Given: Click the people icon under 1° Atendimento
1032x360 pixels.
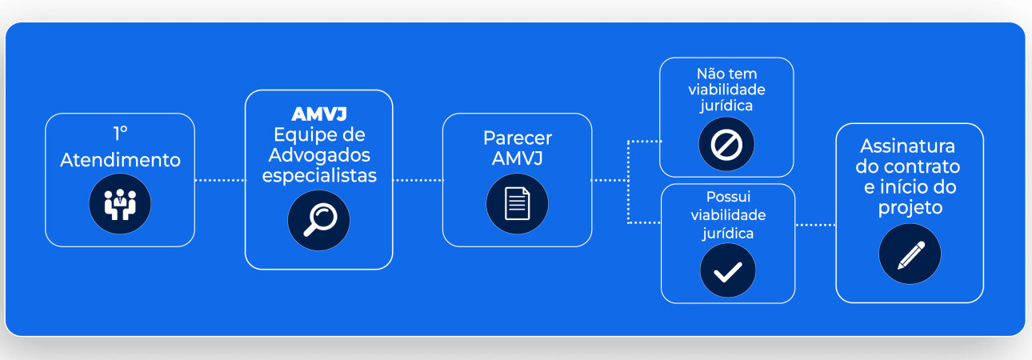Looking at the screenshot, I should pos(120,206).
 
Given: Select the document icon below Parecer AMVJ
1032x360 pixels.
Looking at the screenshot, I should pos(517,204).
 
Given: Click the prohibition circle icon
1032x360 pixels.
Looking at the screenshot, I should pos(726,145).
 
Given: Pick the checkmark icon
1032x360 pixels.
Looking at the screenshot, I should pos(727,272).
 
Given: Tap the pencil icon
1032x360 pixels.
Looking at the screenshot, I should pos(910,254).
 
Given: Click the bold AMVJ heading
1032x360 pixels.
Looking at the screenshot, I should pos(319,114).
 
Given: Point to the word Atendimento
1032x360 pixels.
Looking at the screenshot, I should pos(121,160).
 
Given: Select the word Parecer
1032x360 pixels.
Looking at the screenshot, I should pos(518,138).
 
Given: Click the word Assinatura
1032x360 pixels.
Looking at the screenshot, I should pos(908,147).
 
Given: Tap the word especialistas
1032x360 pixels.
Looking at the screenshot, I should pos(319,175).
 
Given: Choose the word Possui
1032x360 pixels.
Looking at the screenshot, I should pos(728,197).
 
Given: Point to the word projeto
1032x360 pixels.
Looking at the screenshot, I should pos(910,207).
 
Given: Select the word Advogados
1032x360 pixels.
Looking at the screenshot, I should pos(319,154).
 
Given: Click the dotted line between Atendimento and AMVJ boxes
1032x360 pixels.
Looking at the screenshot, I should pos(220,181).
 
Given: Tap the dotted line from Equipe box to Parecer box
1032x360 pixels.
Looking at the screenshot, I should pos(418,181).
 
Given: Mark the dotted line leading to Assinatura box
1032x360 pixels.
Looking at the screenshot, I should pos(815,225).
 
